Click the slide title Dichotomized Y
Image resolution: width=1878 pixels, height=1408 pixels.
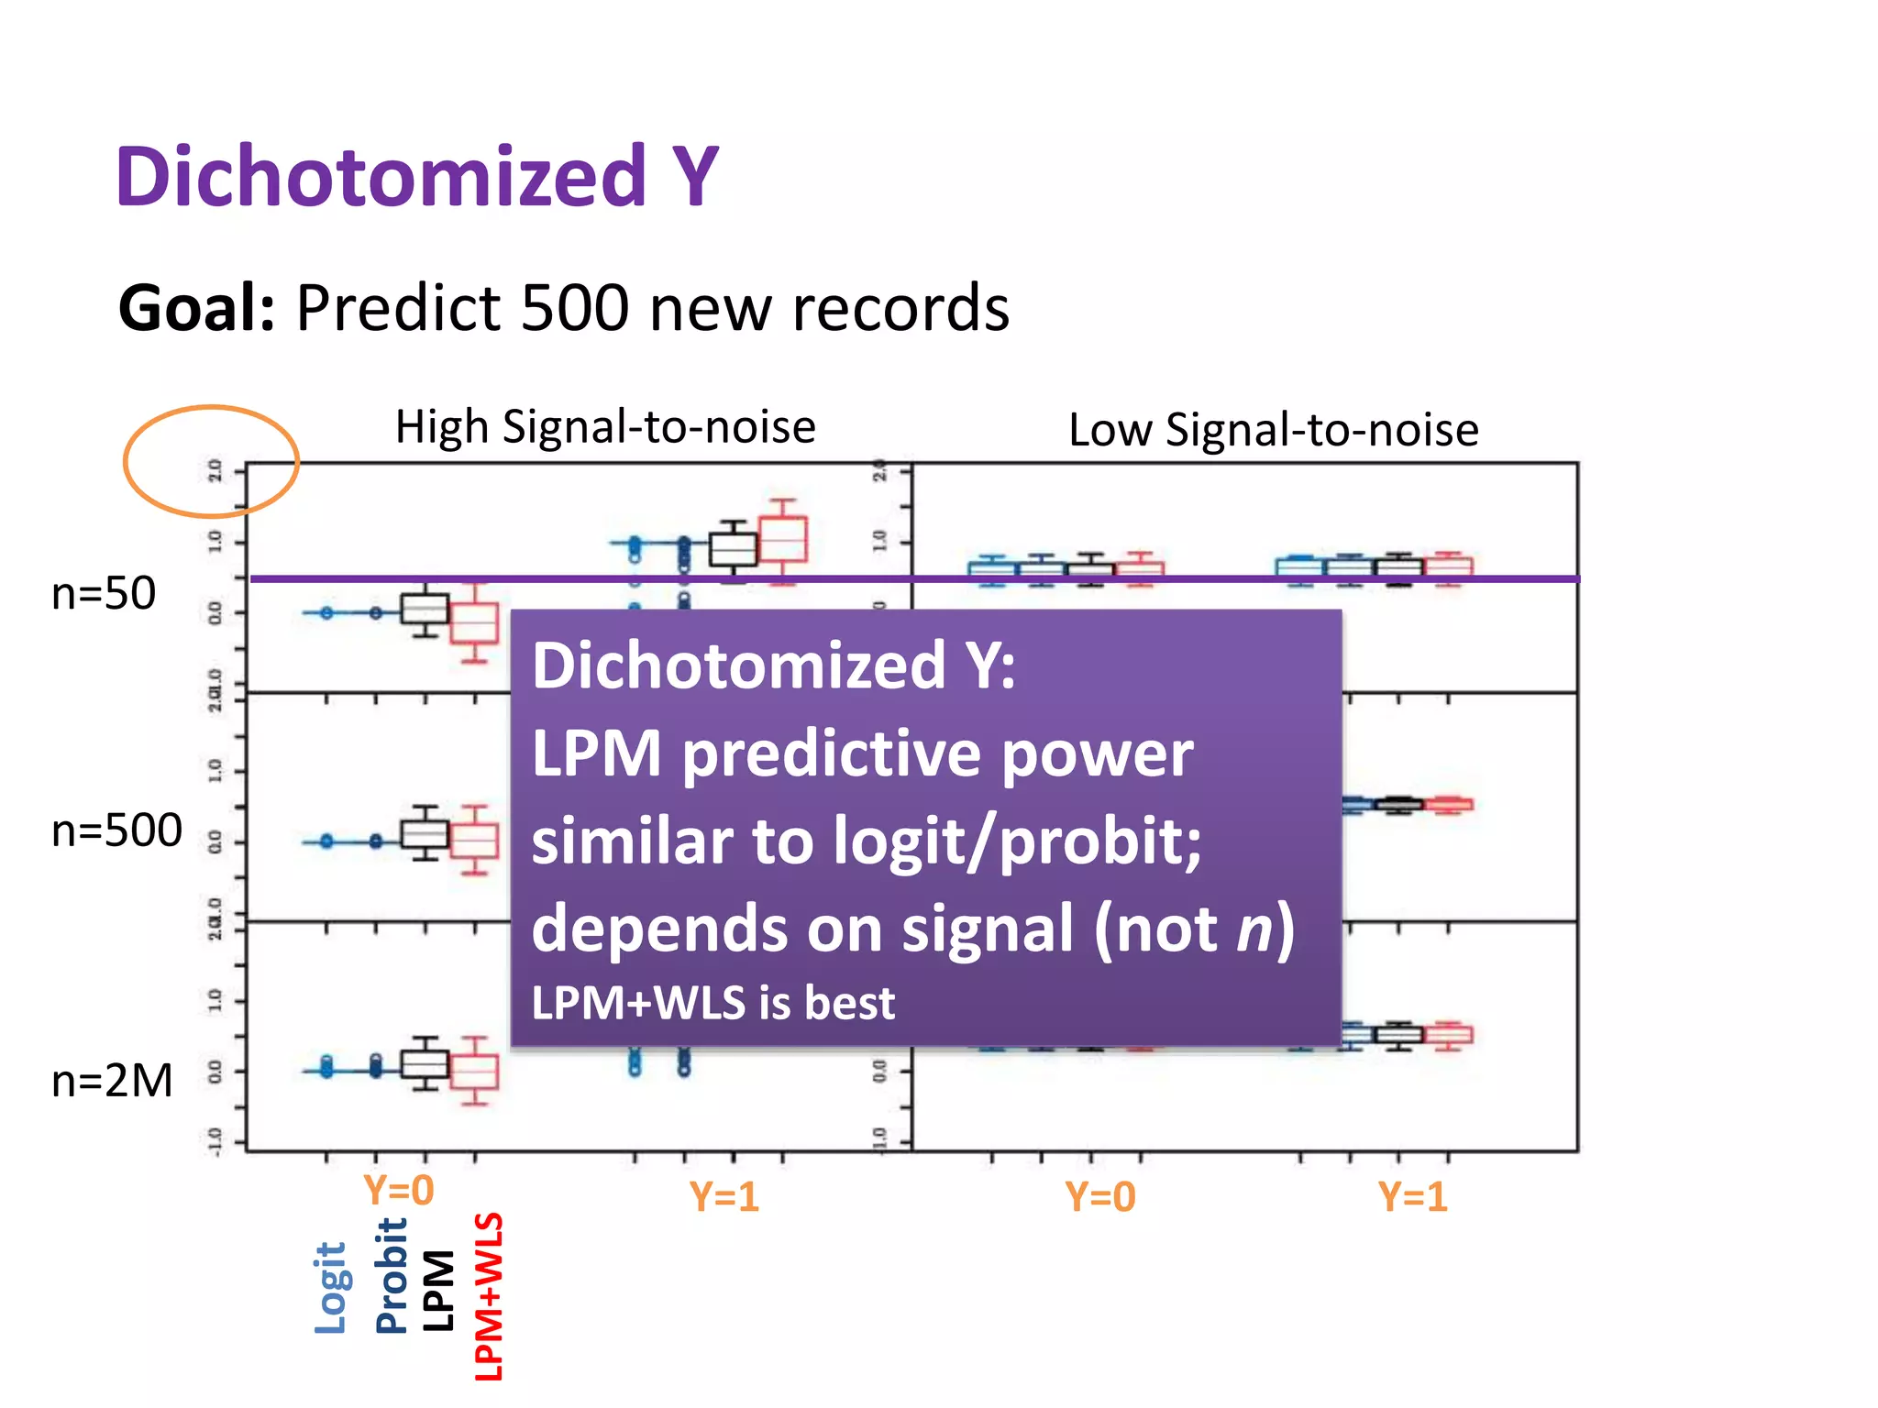417,176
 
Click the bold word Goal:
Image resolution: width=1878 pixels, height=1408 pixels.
196,308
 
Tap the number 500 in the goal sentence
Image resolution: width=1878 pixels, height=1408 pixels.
574,308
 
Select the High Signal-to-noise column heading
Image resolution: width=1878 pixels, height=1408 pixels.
605,427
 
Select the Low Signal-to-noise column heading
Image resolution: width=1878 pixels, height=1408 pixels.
1274,430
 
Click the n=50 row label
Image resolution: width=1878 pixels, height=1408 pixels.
104,593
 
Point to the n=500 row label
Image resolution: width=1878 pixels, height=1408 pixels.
116,830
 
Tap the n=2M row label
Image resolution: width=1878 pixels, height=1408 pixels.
112,1081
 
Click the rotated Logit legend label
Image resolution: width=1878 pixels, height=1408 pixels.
331,1288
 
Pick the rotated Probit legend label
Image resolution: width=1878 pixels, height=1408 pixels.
392,1276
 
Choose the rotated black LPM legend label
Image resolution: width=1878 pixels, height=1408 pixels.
439,1291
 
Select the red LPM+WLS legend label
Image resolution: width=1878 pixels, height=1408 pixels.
489,1296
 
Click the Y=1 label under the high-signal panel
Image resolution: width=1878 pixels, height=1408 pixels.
724,1197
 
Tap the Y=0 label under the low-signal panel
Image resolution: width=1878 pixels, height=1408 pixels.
1100,1197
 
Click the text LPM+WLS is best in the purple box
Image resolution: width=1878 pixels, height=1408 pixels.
713,1003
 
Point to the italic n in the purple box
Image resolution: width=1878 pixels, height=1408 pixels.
1254,929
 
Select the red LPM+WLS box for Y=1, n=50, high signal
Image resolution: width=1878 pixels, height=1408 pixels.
783,540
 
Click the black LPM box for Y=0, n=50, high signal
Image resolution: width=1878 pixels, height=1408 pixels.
425,609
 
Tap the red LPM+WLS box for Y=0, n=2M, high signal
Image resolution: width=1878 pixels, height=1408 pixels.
474,1072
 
